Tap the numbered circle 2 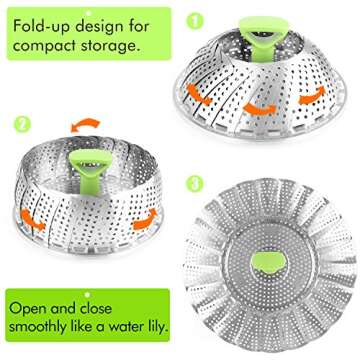point(21,126)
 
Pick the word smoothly point(49,326)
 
